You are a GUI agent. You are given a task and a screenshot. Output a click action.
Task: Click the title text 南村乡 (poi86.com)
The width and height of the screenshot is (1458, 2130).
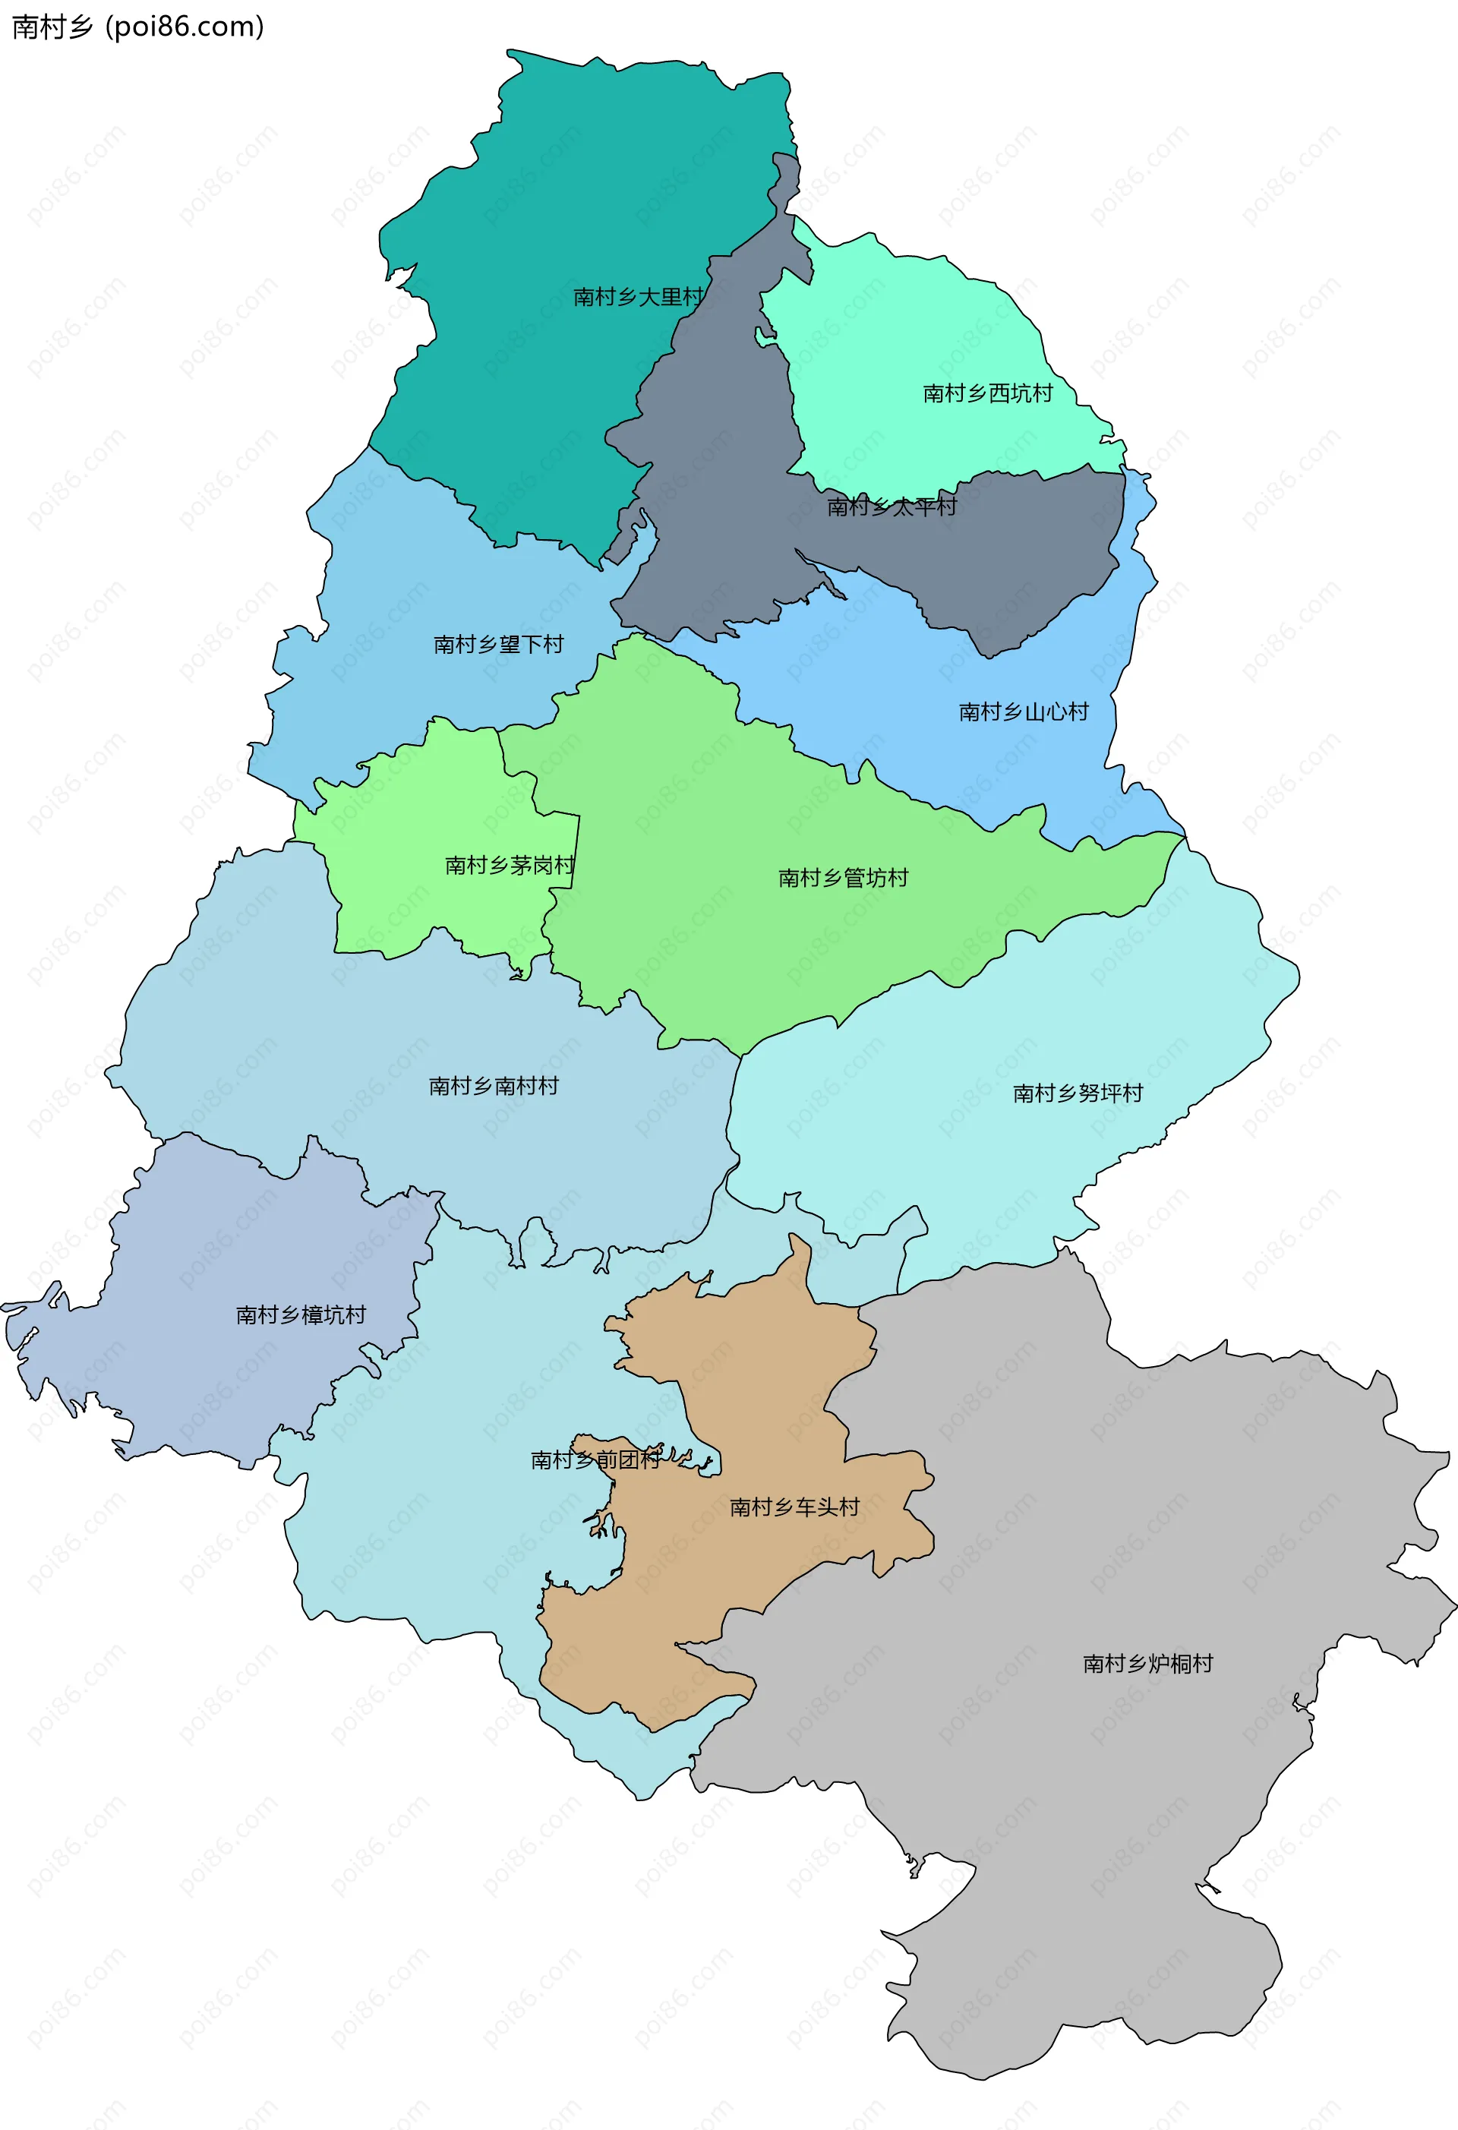click(137, 27)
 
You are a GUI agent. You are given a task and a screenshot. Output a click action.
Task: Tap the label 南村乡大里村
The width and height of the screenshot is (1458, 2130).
click(638, 297)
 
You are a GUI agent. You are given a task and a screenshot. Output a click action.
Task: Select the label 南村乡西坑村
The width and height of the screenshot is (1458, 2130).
click(987, 393)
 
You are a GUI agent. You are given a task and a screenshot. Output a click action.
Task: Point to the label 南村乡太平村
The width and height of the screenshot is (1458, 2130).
click(891, 506)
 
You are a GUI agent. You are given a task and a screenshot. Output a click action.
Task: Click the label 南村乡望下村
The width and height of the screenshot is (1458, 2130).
click(497, 645)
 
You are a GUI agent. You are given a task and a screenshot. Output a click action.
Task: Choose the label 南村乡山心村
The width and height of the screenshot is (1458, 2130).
click(1023, 712)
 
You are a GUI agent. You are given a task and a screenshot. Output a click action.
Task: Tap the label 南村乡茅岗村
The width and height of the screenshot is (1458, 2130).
click(510, 865)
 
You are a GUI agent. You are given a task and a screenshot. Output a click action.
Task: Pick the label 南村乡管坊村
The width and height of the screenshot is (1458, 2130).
click(842, 878)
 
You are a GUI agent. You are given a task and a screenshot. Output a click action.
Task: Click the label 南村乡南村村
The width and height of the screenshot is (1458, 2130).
click(493, 1086)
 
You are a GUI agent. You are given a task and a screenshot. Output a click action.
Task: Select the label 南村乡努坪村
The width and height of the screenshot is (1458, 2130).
click(1078, 1093)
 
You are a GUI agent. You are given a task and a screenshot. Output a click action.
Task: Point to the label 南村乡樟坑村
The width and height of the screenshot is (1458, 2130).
click(301, 1315)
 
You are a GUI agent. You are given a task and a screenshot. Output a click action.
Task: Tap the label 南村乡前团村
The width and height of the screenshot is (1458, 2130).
click(595, 1460)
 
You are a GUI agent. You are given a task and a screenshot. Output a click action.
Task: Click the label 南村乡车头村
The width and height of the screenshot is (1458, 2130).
click(794, 1507)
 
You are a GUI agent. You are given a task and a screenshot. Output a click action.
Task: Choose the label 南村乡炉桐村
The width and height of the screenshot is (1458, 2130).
click(1147, 1664)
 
